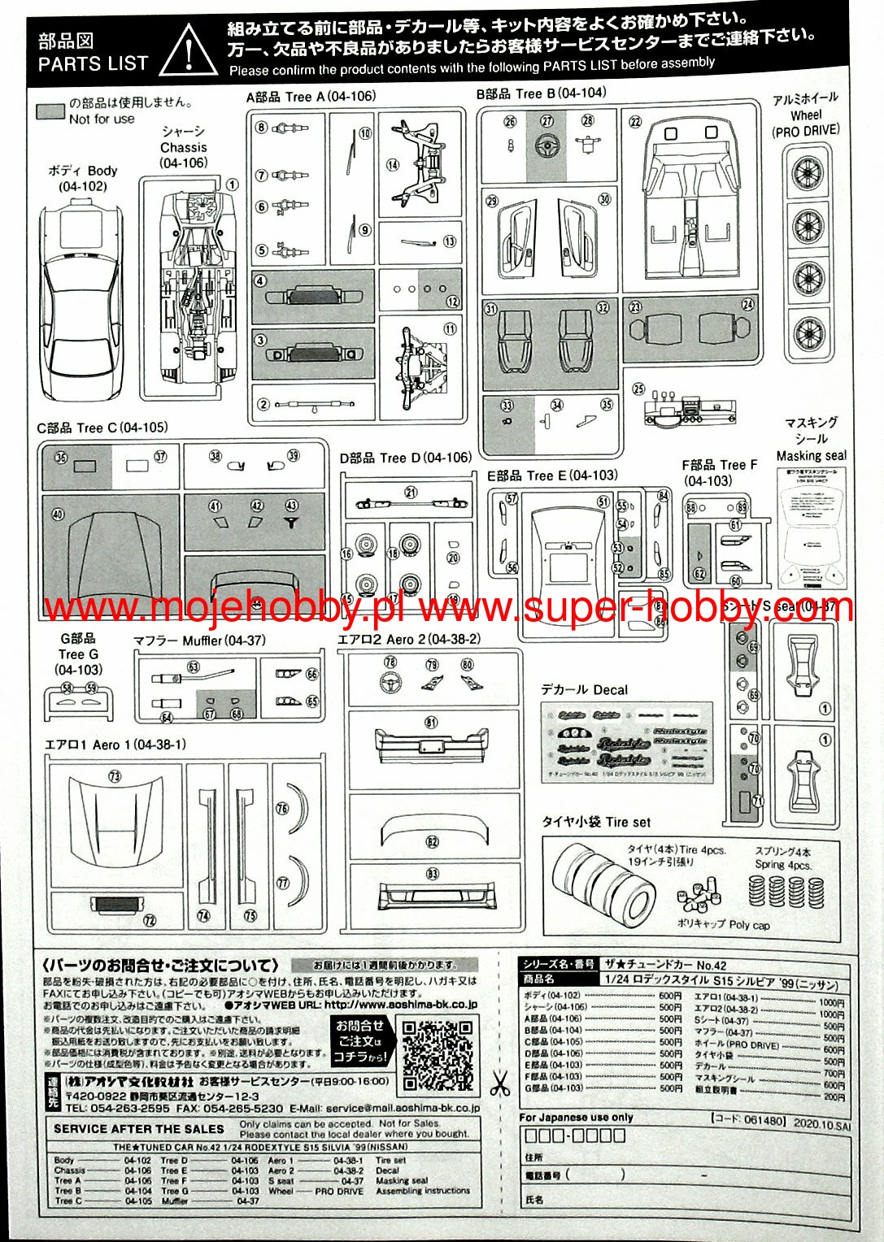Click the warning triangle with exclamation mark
pyautogui.click(x=188, y=50)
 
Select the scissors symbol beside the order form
pyautogui.click(x=499, y=1083)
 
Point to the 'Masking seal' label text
pyautogui.click(x=811, y=456)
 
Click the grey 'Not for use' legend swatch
pyautogui.click(x=51, y=111)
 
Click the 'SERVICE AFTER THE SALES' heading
pyautogui.click(x=139, y=1128)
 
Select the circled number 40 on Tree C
pyautogui.click(x=58, y=514)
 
